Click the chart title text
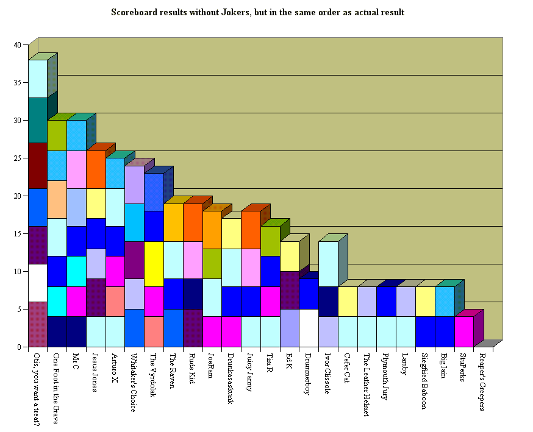[x=257, y=12]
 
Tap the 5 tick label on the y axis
[x=19, y=310]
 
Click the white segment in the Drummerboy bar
[x=309, y=328]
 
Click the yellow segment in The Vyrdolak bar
[x=154, y=264]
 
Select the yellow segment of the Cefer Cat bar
[x=348, y=302]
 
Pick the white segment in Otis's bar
[x=38, y=283]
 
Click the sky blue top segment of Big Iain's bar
[x=445, y=302]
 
